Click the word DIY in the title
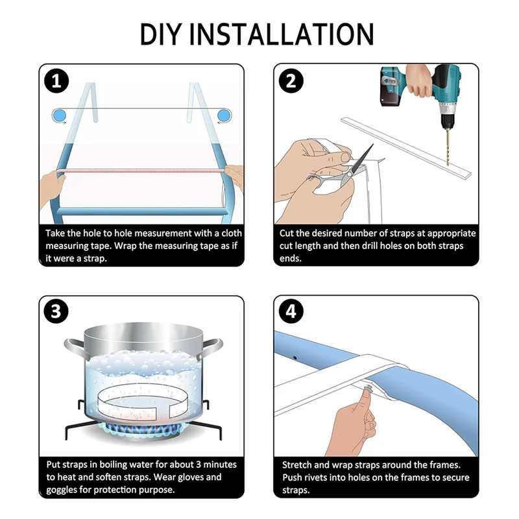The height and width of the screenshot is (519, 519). [x=162, y=34]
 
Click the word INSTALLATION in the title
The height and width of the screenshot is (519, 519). [x=282, y=34]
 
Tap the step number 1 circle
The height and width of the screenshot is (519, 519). [x=56, y=82]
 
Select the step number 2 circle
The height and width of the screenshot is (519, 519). [x=291, y=80]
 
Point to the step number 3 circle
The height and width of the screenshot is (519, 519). [x=56, y=311]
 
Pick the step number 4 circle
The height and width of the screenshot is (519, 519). [x=291, y=311]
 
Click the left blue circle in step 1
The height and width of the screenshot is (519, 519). [x=60, y=116]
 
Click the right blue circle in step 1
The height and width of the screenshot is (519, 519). [x=223, y=116]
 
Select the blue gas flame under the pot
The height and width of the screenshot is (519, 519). [x=139, y=429]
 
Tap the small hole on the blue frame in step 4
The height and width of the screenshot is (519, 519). [x=295, y=358]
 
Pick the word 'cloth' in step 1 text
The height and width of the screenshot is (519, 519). [x=232, y=233]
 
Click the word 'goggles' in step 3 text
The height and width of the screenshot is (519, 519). [x=62, y=490]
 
